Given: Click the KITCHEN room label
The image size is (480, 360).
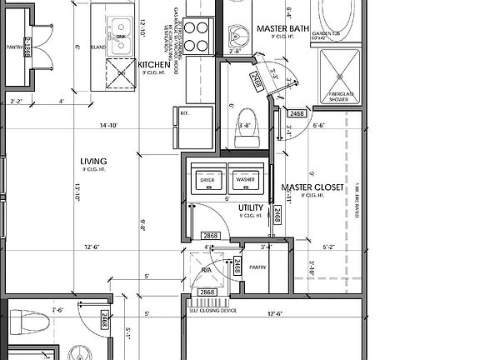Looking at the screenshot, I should (x=155, y=65).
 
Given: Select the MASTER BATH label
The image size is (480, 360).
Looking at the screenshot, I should (x=284, y=27).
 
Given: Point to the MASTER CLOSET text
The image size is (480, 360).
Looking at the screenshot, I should (x=312, y=187).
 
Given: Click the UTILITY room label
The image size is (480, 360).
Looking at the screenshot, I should (x=251, y=207).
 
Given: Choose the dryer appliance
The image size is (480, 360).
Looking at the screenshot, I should (x=207, y=179).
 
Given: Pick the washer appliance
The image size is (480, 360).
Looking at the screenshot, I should (x=244, y=179).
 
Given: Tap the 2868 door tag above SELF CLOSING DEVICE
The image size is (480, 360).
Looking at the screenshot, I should (x=206, y=292).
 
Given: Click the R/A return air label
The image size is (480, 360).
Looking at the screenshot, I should (x=206, y=270).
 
